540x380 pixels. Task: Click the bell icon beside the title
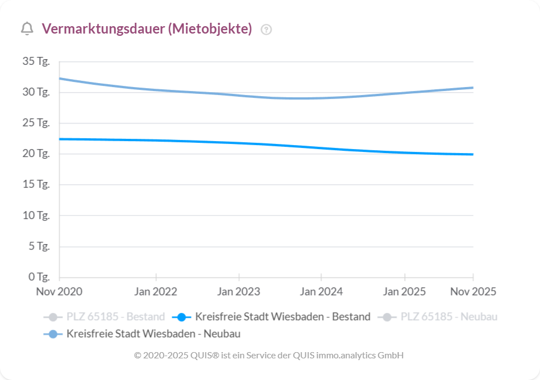pyautogui.click(x=27, y=29)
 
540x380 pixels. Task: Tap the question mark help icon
pyautogui.click(x=266, y=30)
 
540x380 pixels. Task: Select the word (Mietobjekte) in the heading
pyautogui.click(x=210, y=29)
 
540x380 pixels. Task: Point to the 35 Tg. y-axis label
pyautogui.click(x=36, y=61)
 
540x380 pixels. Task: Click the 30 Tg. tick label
pyautogui.click(x=36, y=92)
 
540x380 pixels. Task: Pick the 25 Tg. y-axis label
pyautogui.click(x=36, y=123)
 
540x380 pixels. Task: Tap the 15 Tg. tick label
pyautogui.click(x=36, y=184)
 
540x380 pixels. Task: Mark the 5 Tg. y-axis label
pyautogui.click(x=39, y=246)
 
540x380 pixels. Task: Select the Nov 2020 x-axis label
pyautogui.click(x=59, y=292)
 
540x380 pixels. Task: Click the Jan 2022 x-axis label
pyautogui.click(x=155, y=292)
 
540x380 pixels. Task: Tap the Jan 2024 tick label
pyautogui.click(x=321, y=292)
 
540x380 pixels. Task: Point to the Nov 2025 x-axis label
pyautogui.click(x=473, y=292)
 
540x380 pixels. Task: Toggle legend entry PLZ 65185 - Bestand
pyautogui.click(x=104, y=317)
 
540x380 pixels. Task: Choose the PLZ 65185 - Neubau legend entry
pyautogui.click(x=438, y=317)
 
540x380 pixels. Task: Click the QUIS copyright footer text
pyautogui.click(x=269, y=355)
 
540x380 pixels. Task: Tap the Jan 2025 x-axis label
pyautogui.click(x=404, y=292)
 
